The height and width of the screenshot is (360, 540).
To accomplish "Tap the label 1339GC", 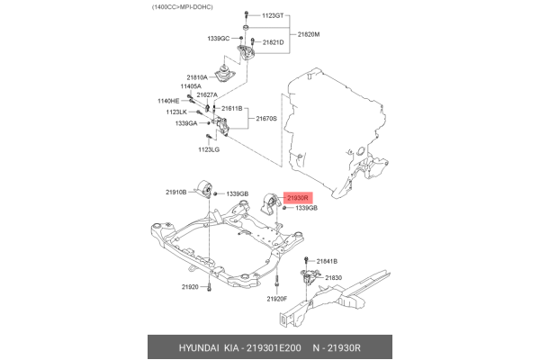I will pos(219,39).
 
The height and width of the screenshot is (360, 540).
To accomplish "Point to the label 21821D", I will pos(272,42).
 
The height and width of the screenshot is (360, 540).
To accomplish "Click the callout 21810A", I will pos(197,77).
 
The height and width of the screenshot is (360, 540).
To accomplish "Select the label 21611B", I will pos(230,108).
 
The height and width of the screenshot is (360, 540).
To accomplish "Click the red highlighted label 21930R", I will pos(297,198).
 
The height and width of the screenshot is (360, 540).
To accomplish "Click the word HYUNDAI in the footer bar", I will pos(183,347).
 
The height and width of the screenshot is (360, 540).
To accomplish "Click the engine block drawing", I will pos(333,126).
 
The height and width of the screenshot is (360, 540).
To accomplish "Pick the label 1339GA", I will pos(186,123).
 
